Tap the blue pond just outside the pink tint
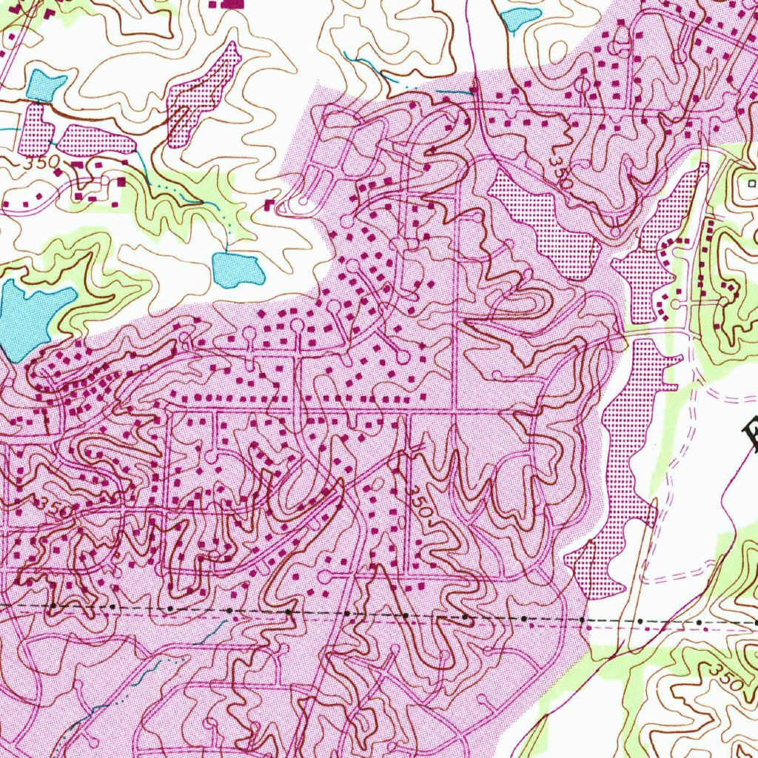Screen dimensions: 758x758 tap(238, 269)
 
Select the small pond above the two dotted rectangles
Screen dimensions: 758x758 tap(45, 85)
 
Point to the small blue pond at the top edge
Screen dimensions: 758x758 tap(519, 16)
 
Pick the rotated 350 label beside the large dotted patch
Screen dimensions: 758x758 tap(561, 172)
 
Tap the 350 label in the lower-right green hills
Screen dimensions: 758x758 tap(728, 677)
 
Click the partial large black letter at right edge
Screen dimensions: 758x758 tap(751, 437)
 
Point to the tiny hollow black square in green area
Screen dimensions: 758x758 tap(751, 182)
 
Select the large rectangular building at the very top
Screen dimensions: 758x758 tap(232, 4)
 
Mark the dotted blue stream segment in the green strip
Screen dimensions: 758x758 tap(170, 192)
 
